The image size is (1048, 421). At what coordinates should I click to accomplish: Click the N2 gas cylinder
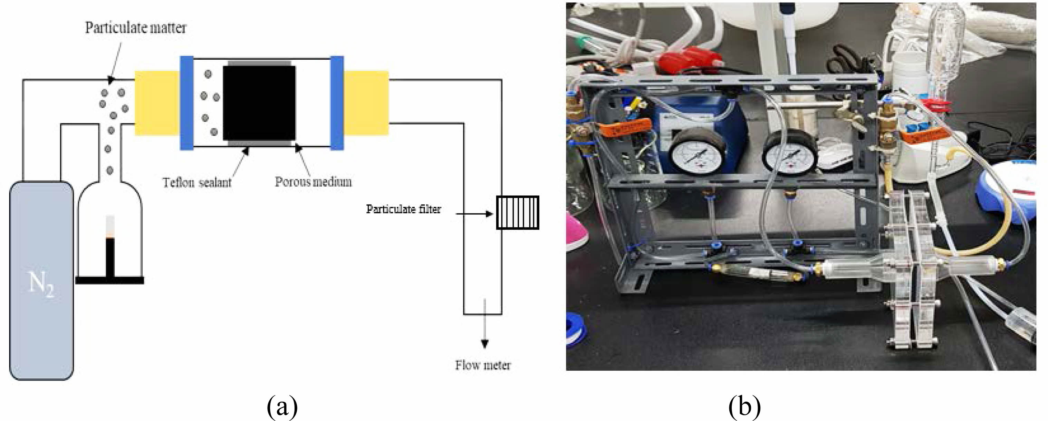pyautogui.click(x=41, y=280)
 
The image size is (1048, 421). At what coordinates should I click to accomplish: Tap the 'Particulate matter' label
pyautogui.click(x=135, y=28)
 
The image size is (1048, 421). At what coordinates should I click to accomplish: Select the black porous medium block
pyautogui.click(x=259, y=103)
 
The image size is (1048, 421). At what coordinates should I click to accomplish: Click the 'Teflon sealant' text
pyautogui.click(x=197, y=182)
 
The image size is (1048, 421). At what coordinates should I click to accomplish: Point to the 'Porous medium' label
pyautogui.click(x=313, y=182)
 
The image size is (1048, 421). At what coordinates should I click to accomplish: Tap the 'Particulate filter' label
pyautogui.click(x=403, y=209)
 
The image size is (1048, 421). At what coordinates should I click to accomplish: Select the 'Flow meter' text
pyautogui.click(x=483, y=365)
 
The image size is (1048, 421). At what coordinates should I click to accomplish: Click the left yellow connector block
pyautogui.click(x=157, y=103)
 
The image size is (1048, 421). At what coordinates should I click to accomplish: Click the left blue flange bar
pyautogui.click(x=186, y=103)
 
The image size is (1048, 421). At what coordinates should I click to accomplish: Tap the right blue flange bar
pyautogui.click(x=337, y=103)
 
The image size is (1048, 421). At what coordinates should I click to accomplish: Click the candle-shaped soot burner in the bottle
pyautogui.click(x=110, y=252)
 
